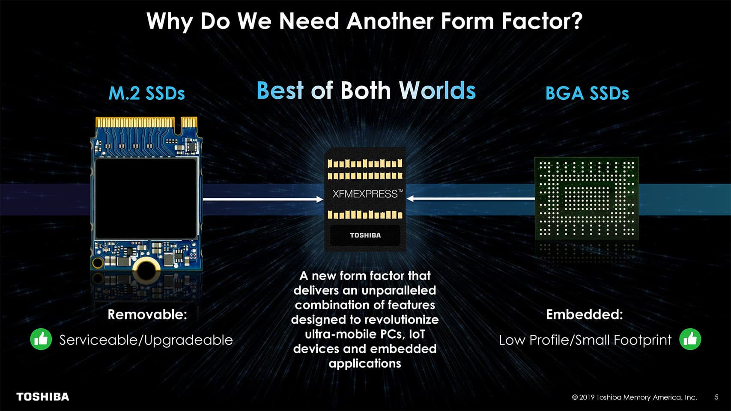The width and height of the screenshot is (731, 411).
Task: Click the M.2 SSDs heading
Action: [146, 93]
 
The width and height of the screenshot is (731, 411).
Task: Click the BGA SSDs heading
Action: [587, 93]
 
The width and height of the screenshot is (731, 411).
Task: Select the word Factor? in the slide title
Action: [542, 21]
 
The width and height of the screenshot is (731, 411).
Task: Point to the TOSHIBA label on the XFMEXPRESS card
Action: [365, 235]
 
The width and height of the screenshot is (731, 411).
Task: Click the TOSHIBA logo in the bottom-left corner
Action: [43, 396]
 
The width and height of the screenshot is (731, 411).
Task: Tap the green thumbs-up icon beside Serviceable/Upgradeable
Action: [41, 339]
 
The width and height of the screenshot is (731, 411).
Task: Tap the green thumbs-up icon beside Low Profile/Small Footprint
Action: [690, 339]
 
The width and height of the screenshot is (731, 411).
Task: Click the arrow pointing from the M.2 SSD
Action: [263, 199]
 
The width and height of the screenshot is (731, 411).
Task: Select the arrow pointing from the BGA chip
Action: [471, 198]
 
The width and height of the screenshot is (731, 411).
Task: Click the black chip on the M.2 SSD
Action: [146, 199]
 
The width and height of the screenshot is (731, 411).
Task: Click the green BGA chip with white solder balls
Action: [587, 198]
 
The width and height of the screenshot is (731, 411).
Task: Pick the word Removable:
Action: [147, 314]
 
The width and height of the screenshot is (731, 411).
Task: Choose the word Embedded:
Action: [585, 314]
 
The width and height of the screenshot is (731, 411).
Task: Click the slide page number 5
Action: [716, 397]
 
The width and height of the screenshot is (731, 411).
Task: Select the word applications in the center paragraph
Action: [365, 363]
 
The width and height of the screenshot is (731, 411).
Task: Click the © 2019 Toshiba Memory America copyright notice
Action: [635, 397]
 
